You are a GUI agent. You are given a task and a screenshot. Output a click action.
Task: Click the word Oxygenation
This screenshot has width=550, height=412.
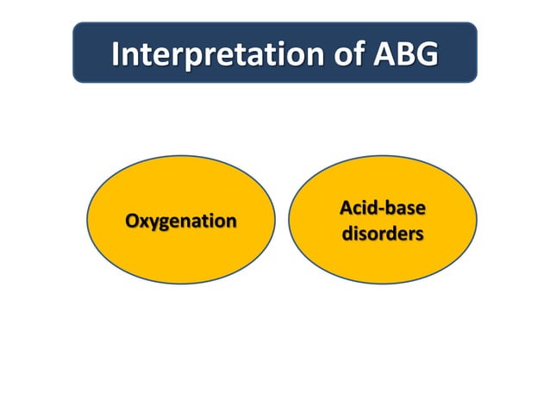[181, 222]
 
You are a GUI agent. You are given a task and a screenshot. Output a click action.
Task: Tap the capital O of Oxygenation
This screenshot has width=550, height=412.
[133, 222]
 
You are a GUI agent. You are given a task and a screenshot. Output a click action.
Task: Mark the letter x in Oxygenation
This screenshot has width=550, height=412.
[145, 222]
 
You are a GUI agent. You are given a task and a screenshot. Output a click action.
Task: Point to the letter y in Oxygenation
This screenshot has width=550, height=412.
[155, 224]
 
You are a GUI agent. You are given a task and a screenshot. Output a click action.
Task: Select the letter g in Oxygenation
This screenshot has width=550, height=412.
[166, 224]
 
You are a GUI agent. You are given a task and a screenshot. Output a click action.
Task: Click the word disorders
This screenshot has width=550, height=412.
[383, 234]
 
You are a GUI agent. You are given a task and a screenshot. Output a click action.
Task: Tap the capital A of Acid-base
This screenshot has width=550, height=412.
[346, 209]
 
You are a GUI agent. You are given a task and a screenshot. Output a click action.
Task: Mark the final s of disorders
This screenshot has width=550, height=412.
[419, 234]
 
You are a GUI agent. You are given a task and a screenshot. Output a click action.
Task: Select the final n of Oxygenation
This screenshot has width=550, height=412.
[231, 222]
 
